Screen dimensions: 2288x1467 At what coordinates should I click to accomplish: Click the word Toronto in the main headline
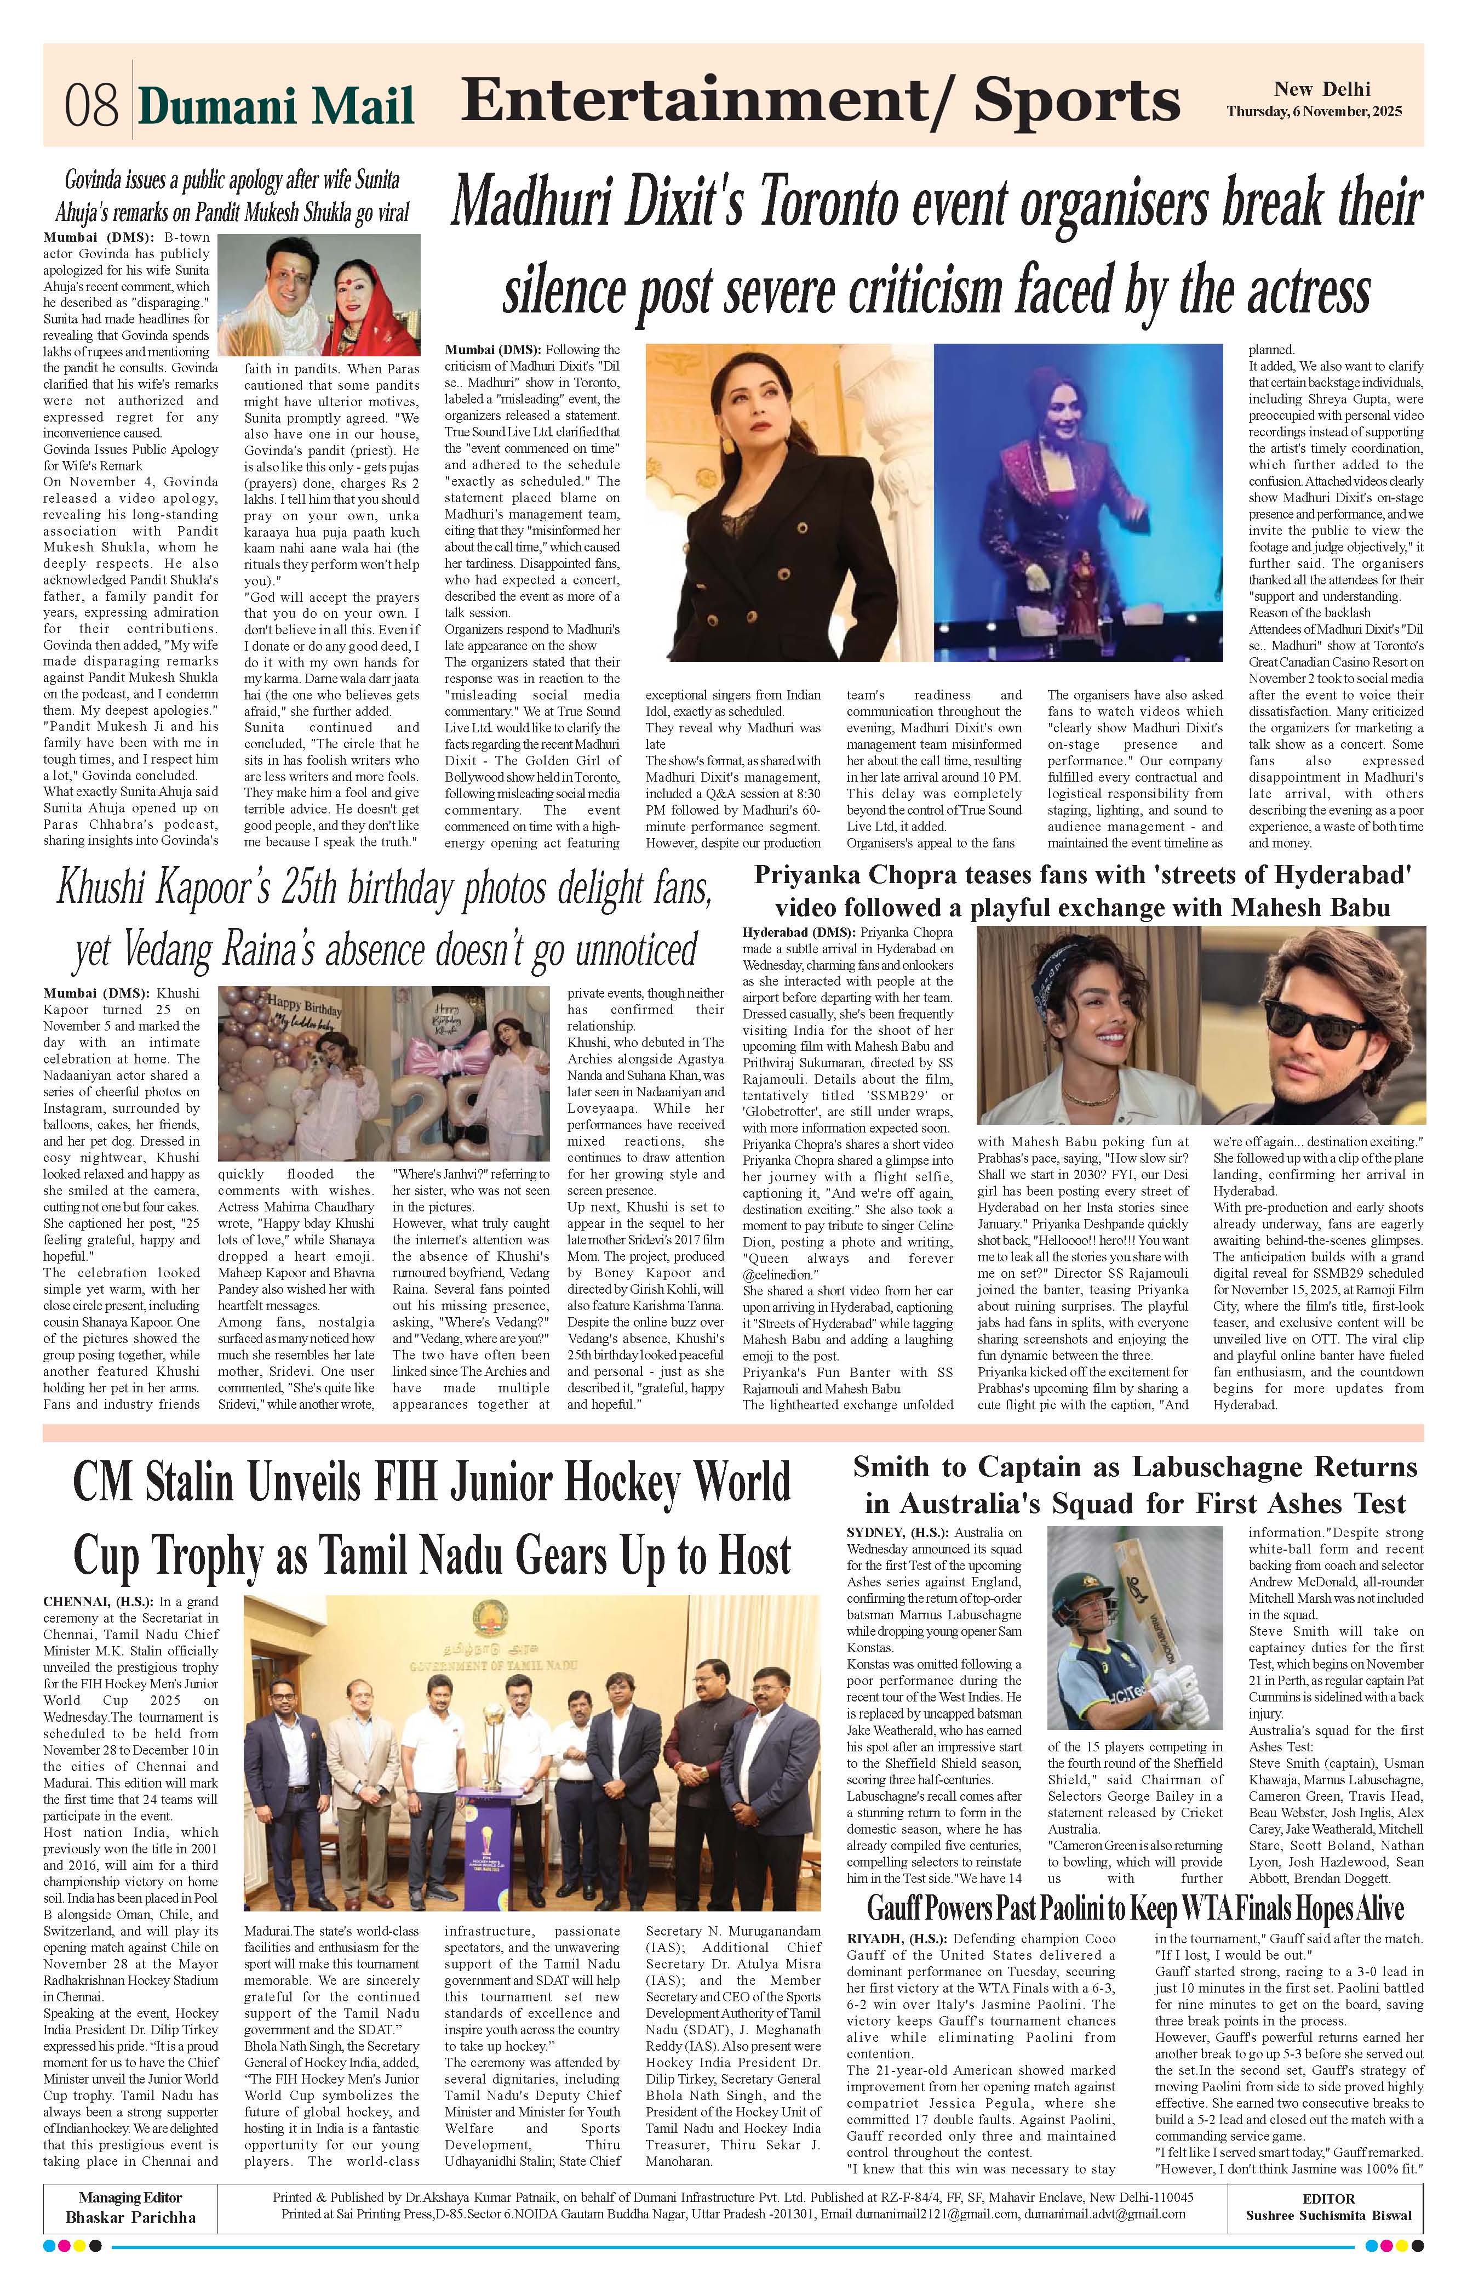[844, 204]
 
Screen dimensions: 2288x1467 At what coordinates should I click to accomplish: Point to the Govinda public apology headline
[232, 195]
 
